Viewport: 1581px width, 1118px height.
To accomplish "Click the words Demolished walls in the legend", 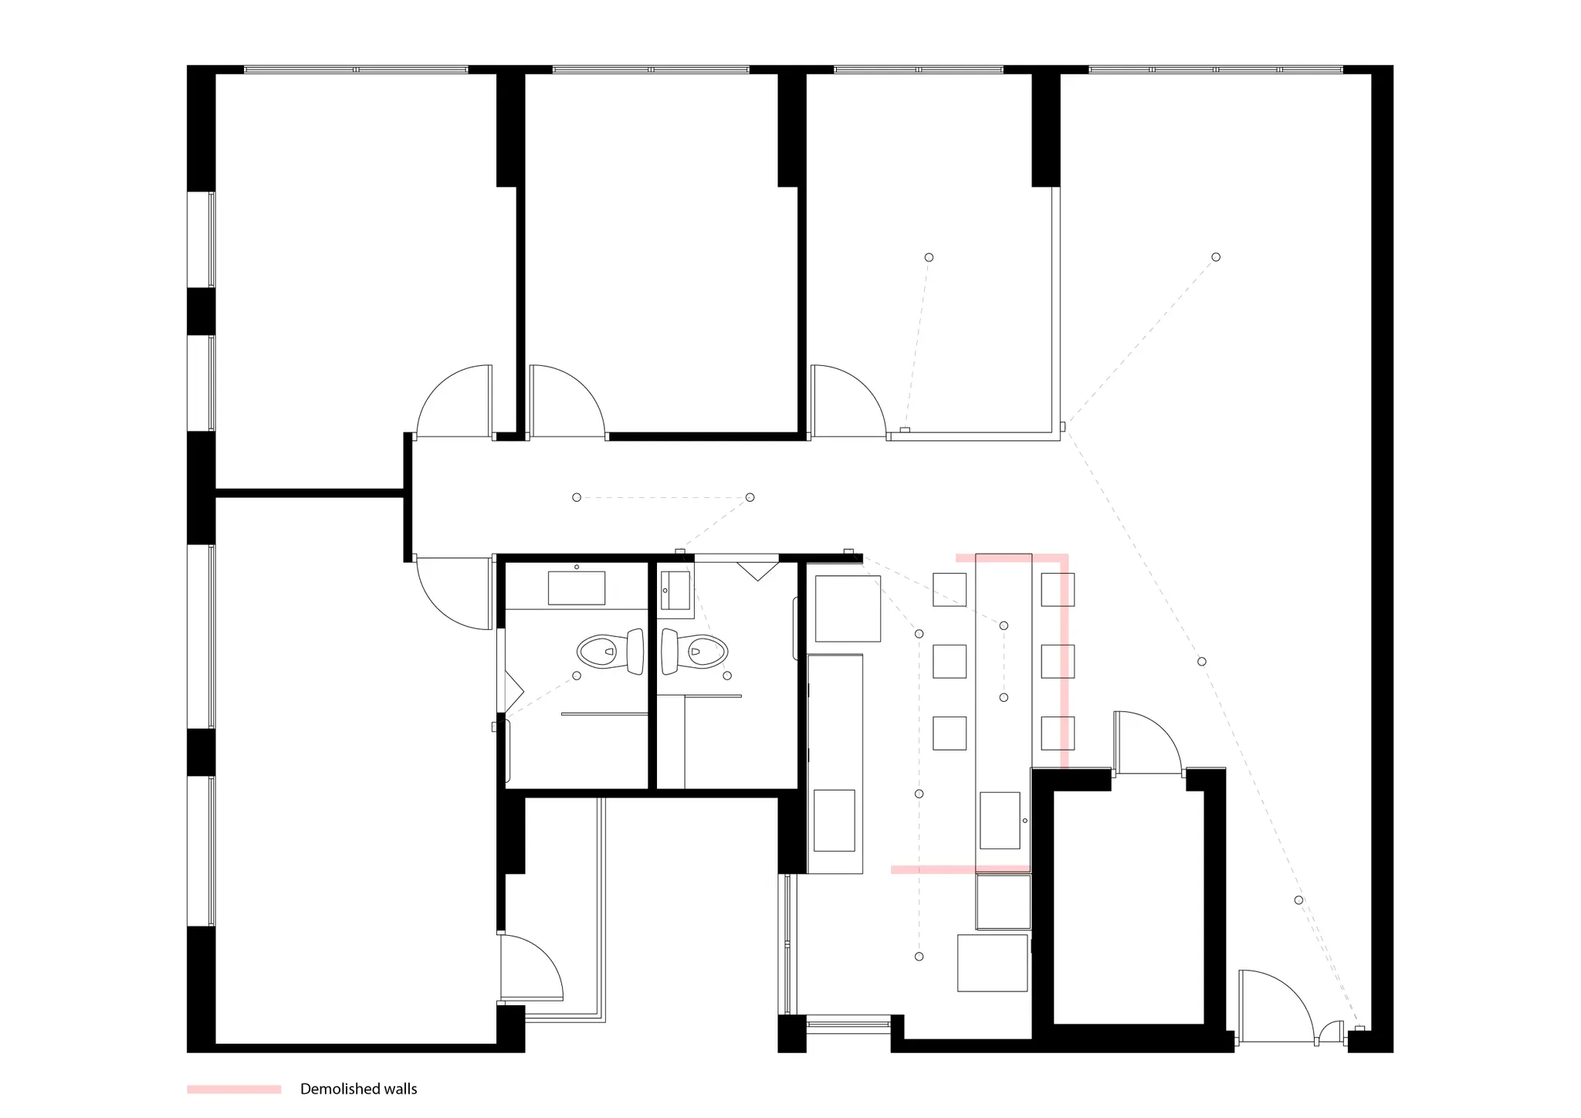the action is [x=358, y=1089].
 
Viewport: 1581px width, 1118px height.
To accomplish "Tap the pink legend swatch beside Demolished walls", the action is [x=234, y=1089].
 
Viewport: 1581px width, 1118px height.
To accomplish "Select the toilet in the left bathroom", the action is [x=611, y=652].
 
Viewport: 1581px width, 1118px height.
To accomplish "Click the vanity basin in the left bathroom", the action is [x=577, y=588].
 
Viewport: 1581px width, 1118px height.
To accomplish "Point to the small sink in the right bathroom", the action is [x=675, y=591].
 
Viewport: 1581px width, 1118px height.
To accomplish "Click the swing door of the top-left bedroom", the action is [x=454, y=401].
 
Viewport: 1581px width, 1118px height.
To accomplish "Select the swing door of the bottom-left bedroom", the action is [x=454, y=593].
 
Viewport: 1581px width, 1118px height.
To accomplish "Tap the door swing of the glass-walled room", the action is [x=848, y=401].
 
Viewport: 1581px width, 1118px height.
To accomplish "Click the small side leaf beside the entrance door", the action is [x=1331, y=1032].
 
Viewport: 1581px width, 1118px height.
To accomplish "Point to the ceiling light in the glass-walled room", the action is [x=929, y=257].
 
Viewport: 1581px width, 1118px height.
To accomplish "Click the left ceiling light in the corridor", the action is [x=577, y=497].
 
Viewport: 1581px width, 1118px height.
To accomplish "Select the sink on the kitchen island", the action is [x=1000, y=820].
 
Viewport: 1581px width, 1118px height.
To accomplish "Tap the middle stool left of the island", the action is [x=950, y=662].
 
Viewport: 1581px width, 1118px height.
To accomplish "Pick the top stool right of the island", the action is [x=1058, y=589].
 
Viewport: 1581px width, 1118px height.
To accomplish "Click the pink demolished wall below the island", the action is [x=960, y=869].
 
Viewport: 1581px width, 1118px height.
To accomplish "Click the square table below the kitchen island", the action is [x=993, y=963].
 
